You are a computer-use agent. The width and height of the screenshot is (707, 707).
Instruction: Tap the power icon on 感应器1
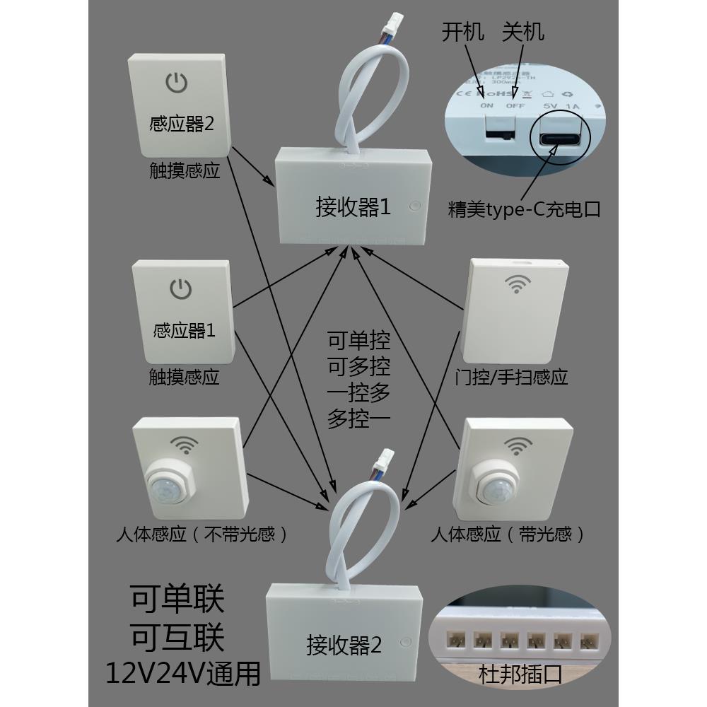181,288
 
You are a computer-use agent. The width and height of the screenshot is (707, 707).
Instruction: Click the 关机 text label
524,32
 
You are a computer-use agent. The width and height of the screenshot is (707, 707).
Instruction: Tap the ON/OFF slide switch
499,129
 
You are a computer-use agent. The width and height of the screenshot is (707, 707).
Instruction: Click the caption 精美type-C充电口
524,210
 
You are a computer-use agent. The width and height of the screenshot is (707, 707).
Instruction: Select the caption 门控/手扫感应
513,376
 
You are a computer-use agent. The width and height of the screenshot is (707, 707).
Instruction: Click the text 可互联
177,638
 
